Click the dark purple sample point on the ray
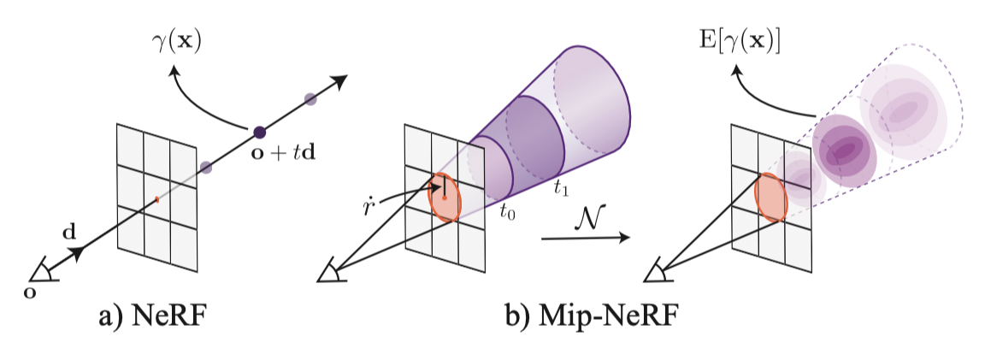pos(258,133)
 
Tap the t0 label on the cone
pos(506,211)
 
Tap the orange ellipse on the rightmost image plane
pos(772,198)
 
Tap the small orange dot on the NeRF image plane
pos(157,200)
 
